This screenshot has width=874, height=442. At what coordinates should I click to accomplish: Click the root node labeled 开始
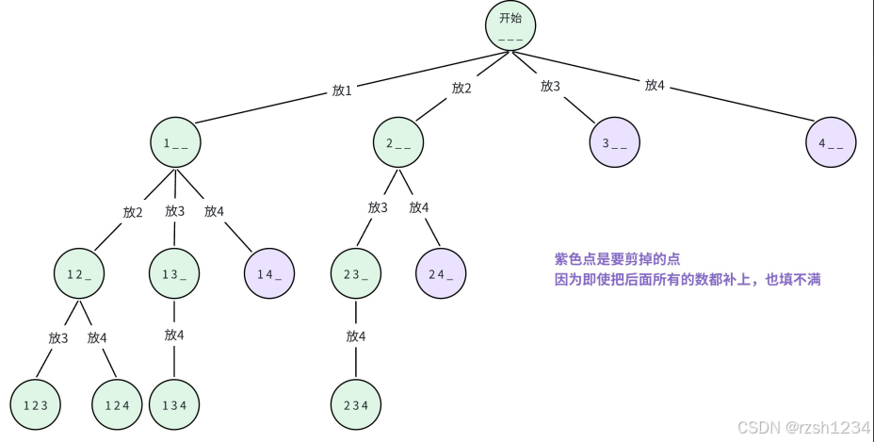[x=510, y=25]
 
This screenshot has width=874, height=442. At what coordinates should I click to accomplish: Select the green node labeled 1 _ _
[x=175, y=143]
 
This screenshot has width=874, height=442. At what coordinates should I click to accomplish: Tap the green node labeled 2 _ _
[x=398, y=143]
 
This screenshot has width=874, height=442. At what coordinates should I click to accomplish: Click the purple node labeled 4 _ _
[x=832, y=143]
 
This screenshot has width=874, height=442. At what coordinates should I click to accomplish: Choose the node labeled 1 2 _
[x=79, y=274]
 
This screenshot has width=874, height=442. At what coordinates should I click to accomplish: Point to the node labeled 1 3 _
[x=174, y=274]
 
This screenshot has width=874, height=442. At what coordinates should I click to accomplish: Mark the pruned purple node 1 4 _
[x=269, y=274]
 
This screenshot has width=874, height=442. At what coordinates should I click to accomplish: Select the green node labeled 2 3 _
[x=356, y=274]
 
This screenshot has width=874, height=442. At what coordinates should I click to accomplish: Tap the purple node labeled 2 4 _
[x=441, y=274]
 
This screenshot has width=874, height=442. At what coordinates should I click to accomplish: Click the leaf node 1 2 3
[x=36, y=404]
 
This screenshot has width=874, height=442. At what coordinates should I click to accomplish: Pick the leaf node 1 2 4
[x=117, y=404]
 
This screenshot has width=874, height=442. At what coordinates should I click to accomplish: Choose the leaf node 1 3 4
[x=174, y=404]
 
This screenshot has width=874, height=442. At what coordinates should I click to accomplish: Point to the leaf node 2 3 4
[x=356, y=404]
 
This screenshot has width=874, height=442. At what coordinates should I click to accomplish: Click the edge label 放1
[x=342, y=90]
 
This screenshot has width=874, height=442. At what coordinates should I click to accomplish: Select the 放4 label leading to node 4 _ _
[x=655, y=86]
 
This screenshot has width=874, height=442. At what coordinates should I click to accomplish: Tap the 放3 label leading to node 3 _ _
[x=550, y=86]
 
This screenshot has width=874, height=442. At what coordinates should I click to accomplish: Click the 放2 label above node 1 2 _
[x=133, y=212]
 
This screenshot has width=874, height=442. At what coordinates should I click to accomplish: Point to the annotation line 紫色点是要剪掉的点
[x=617, y=259]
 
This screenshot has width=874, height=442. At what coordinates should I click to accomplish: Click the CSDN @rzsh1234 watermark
[x=803, y=428]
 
